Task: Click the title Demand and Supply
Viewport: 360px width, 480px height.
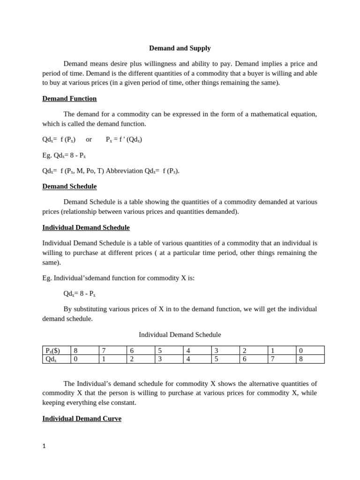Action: (x=180, y=48)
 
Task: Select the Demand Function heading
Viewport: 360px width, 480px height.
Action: (x=69, y=99)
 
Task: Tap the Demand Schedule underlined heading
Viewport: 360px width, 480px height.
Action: (x=69, y=187)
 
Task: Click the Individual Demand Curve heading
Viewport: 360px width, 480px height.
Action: (x=82, y=419)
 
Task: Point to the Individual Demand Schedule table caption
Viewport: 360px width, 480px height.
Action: (x=180, y=335)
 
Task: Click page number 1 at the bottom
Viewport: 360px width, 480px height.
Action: (x=44, y=446)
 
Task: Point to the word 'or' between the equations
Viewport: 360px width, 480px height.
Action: (x=89, y=139)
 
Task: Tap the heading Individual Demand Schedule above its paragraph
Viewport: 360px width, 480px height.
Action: (x=86, y=228)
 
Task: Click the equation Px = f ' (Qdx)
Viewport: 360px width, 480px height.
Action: (x=124, y=139)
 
